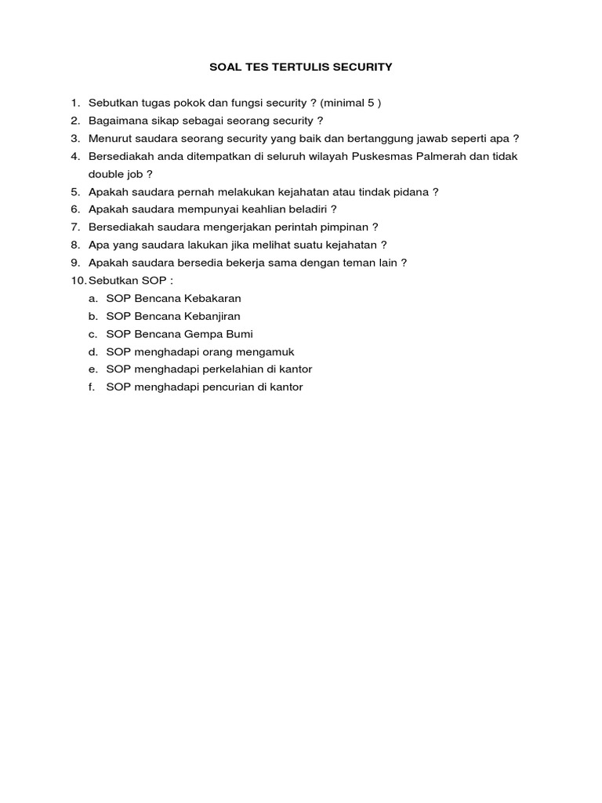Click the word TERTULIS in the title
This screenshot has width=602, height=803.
[x=286, y=67]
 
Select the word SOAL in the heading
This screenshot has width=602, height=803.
[x=224, y=67]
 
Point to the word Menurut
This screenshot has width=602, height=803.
[x=110, y=139]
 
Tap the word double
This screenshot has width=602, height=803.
[x=106, y=174]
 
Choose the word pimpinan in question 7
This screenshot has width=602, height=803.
[x=346, y=227]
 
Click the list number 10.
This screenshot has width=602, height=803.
[x=78, y=281]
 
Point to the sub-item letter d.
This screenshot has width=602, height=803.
[x=92, y=352]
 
